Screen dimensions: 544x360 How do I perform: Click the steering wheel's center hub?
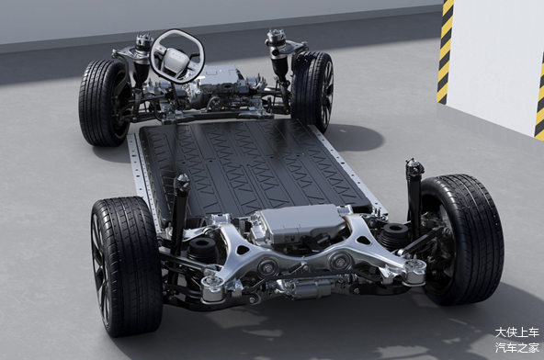(x=178, y=58)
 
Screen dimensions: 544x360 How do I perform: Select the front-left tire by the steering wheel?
(x=103, y=102)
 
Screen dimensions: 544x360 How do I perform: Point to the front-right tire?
(x=313, y=91)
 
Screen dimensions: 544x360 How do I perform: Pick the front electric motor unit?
(x=222, y=83)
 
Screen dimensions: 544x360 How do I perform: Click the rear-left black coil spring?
(x=204, y=250)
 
